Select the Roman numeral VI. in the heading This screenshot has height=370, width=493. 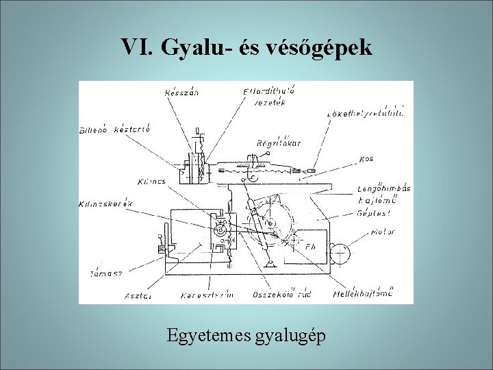pyautogui.click(x=139, y=47)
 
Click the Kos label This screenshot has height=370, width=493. pyautogui.click(x=366, y=159)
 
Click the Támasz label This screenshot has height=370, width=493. pyautogui.click(x=105, y=272)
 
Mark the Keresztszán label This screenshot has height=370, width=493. pyautogui.click(x=207, y=295)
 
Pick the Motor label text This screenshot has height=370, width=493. pyautogui.click(x=383, y=232)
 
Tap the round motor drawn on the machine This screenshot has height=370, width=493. pyautogui.click(x=338, y=253)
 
